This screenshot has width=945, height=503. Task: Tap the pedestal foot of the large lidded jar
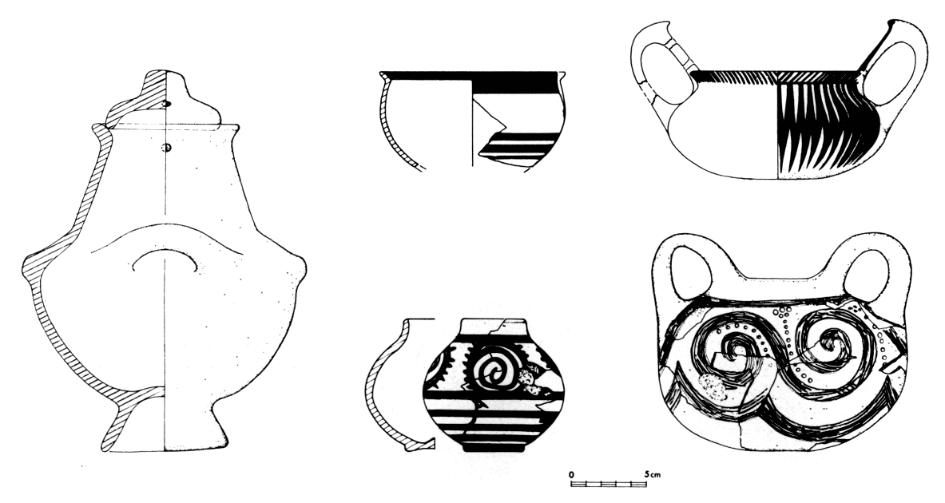point(165,421)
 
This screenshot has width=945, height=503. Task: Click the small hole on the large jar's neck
point(168,148)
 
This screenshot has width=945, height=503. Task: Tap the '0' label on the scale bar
point(571,475)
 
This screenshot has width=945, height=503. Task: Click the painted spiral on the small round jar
point(494,369)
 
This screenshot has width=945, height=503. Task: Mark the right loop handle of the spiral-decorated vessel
point(867,271)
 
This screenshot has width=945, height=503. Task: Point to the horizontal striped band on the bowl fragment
point(518,148)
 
